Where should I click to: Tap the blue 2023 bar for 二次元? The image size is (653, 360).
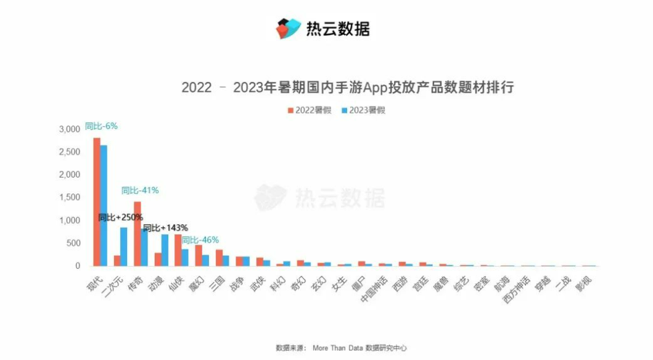coord(124,247)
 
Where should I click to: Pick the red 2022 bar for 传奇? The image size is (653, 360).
coord(138,234)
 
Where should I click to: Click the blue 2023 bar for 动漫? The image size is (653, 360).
coord(165,250)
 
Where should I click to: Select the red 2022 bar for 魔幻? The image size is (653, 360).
coord(199,255)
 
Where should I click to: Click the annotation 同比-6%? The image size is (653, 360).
coord(101,126)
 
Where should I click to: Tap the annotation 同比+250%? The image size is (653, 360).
coord(121,217)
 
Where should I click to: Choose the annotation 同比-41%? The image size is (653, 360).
coord(140,190)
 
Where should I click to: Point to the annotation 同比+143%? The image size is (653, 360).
coord(165,227)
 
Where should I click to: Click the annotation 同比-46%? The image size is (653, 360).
coord(200,240)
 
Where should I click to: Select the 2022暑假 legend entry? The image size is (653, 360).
coord(309,110)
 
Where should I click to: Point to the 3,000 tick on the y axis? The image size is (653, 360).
coord(70,129)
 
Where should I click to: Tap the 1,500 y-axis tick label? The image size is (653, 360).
coord(70,197)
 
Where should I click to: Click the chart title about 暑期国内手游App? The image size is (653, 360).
coord(347,88)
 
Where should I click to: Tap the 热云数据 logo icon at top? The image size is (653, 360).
coord(286,28)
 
